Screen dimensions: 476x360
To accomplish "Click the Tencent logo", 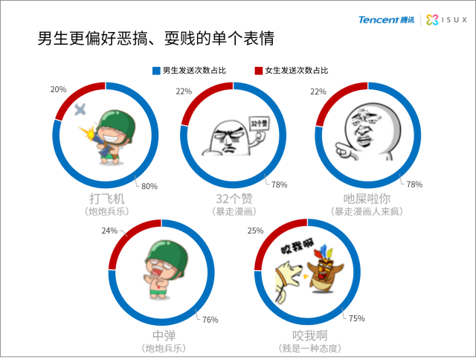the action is coord(386,20).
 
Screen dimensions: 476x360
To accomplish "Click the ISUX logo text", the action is coord(454,20).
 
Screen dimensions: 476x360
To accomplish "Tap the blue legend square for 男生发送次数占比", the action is coord(156,71).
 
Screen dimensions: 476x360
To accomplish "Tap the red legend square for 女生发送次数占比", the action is coord(258,71).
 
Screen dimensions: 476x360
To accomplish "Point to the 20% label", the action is coord(58,89).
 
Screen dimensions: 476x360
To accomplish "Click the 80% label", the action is coord(149,186).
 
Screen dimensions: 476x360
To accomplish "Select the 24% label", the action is coord(109,231).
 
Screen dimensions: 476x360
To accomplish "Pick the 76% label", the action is coord(210,320).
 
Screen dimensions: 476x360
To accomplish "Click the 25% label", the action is coord(255,231).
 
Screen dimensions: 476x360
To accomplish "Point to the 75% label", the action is coord(357,318).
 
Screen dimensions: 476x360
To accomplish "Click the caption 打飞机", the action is coord(107,199).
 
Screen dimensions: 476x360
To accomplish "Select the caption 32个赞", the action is coord(234,199).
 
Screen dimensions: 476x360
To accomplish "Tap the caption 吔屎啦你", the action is coord(367,199).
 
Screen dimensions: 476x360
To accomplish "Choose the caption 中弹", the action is coord(164,335).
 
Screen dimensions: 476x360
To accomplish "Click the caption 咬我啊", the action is coord(310,335).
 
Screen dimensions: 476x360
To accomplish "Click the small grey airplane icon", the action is coord(80,109).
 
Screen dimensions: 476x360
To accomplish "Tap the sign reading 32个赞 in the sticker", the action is coord(260,123).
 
